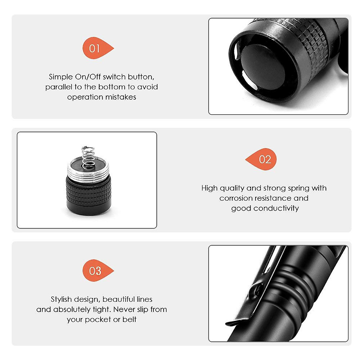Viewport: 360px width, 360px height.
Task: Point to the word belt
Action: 129,319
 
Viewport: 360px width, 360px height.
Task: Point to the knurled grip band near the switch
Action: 312,45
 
